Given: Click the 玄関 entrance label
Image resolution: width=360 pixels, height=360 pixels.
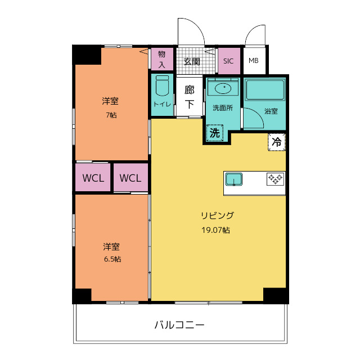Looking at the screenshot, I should [x=192, y=61].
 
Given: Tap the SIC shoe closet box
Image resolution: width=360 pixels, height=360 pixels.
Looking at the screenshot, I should [x=228, y=61].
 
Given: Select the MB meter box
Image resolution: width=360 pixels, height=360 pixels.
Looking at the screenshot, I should [x=254, y=61].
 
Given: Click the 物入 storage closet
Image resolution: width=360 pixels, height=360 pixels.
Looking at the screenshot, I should [x=162, y=58].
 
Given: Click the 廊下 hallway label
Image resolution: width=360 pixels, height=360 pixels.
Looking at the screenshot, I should [x=190, y=97].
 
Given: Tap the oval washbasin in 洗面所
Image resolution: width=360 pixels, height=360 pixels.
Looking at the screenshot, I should [x=222, y=88].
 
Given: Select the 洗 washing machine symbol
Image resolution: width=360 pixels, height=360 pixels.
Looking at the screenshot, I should [x=214, y=133].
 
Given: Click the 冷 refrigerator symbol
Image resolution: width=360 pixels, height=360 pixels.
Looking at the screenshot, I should [x=276, y=142].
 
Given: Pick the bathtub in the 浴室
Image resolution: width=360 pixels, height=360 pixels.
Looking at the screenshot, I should [x=265, y=89].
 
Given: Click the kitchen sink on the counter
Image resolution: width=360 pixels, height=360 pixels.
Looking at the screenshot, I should [x=233, y=179].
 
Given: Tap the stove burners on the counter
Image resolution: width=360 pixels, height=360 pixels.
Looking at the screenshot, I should [x=275, y=179].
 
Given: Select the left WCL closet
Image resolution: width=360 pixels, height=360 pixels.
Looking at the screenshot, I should [x=93, y=178].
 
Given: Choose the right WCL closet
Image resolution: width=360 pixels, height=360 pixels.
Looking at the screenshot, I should [x=130, y=178].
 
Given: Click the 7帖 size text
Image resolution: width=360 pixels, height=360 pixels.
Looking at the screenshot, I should [x=111, y=115].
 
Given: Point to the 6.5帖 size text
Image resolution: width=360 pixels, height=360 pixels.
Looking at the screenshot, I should [x=111, y=259].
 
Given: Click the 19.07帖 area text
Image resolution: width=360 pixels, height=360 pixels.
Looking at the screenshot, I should [x=215, y=230].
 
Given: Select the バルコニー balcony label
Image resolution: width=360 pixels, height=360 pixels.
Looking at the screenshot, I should [x=179, y=325].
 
